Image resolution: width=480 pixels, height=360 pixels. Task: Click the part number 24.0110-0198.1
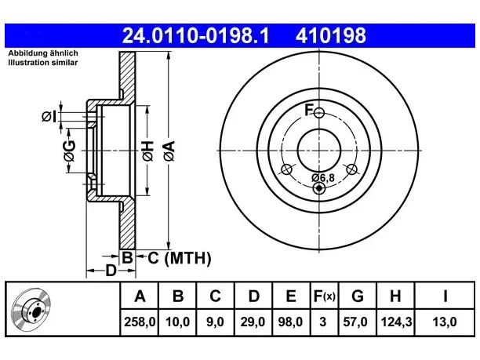click(x=195, y=35)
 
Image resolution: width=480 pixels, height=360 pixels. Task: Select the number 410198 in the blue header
click(x=331, y=35)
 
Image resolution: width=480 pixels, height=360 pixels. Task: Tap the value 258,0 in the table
click(x=140, y=322)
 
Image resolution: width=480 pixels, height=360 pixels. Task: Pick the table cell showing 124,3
click(x=396, y=322)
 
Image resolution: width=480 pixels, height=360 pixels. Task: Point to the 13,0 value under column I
click(x=445, y=322)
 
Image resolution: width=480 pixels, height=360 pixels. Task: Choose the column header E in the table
click(x=291, y=296)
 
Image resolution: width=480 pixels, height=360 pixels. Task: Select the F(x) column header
click(x=325, y=296)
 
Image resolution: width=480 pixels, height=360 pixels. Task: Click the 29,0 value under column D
click(x=253, y=322)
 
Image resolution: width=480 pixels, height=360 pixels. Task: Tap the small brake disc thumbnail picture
click(x=31, y=308)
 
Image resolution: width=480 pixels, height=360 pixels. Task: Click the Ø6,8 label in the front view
click(x=323, y=177)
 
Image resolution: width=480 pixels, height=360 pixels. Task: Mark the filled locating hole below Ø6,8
click(x=319, y=188)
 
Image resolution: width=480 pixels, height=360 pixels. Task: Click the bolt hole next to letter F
click(x=319, y=113)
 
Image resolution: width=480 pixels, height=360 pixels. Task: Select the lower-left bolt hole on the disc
click(x=286, y=169)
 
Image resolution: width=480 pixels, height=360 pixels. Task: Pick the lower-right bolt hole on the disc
click(x=351, y=169)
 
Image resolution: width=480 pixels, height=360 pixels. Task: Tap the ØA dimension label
click(x=169, y=151)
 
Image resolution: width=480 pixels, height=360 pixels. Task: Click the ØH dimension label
click(x=147, y=151)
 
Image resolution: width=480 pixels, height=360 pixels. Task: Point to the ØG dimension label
click(x=69, y=151)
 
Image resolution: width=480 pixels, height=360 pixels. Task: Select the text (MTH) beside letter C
click(x=187, y=258)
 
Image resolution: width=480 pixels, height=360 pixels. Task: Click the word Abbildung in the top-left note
click(x=27, y=53)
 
